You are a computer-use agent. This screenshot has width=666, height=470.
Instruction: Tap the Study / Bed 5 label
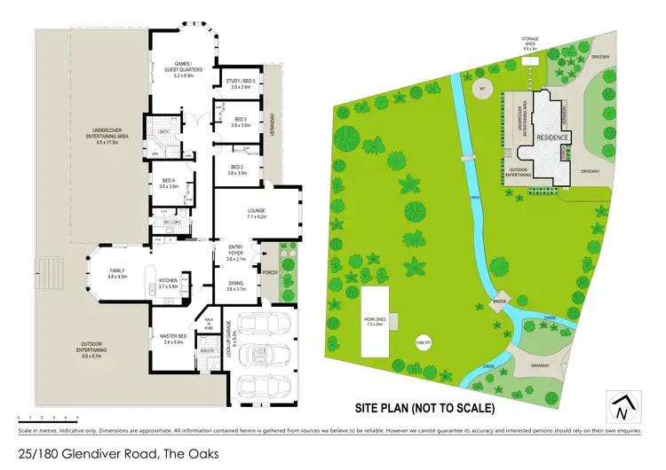pos(242,83)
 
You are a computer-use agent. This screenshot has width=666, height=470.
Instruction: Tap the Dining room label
pos(234,287)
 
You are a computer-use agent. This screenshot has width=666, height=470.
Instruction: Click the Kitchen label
pos(169,283)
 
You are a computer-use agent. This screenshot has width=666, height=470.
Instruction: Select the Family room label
pos(118,273)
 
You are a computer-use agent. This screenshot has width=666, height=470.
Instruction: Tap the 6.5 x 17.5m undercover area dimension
pos(113,142)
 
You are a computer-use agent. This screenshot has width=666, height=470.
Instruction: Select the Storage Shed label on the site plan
pos(530,43)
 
